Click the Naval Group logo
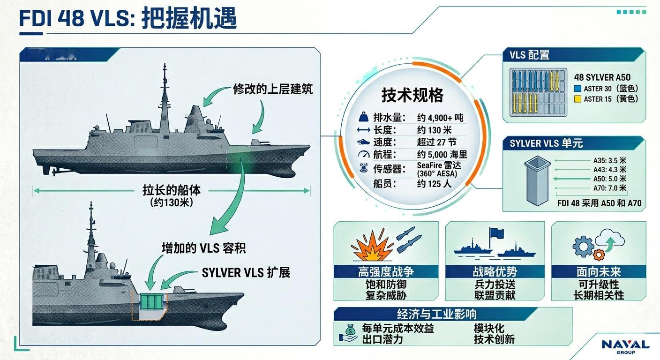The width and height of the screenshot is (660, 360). pos(625,346)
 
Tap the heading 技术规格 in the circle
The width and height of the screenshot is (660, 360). pos(412,96)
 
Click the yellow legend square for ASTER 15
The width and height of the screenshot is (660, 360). pos(577,99)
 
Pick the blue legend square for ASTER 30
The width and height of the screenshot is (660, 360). pos(577,88)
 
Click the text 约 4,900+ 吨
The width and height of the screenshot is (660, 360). pos(440,118)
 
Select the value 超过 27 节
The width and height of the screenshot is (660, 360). pos(436,142)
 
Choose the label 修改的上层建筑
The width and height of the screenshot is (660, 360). pos(273,89)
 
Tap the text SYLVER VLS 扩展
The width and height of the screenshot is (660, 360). pos(246,272)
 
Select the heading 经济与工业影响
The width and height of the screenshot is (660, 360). pos(436,314)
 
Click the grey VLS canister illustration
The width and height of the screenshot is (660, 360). pos(537,181)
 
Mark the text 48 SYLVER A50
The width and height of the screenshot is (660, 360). pos(602,77)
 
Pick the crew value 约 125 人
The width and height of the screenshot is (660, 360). pos(434,184)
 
